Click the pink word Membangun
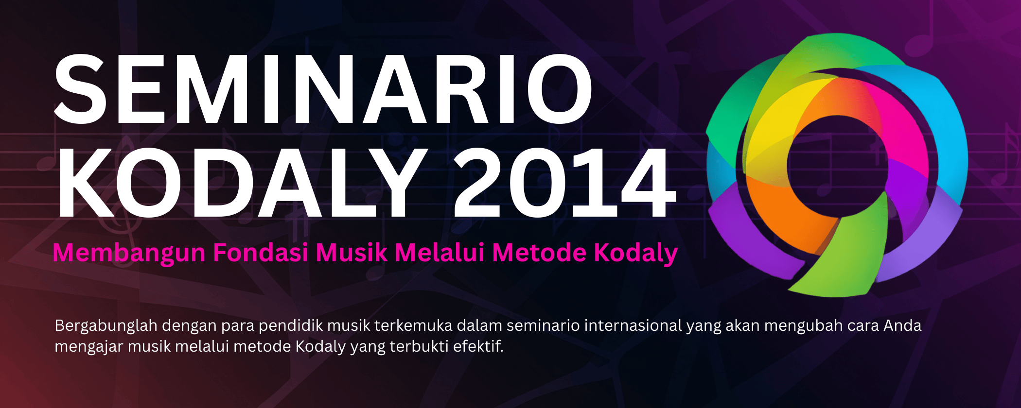pyautogui.click(x=129, y=254)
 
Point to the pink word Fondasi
pyautogui.click(x=261, y=253)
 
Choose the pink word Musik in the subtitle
pyautogui.click(x=352, y=253)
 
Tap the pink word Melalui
pyautogui.click(x=440, y=253)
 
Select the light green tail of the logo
pyautogui.click(x=846, y=253)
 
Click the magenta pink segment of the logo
pyautogui.click(x=899, y=126)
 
